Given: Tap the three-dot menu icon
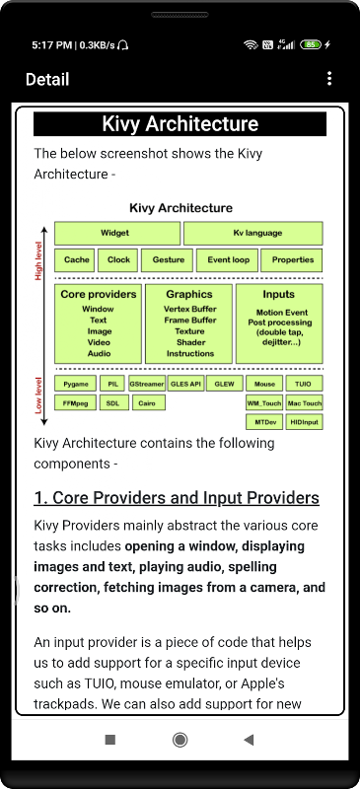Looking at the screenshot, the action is click(329, 79).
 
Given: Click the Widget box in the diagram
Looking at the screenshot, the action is click(116, 233).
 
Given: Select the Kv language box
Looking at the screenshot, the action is click(252, 233).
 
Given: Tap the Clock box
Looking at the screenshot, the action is click(118, 260).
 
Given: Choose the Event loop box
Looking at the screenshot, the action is click(227, 260).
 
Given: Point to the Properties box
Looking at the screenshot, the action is click(292, 260).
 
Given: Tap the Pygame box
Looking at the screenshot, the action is click(75, 384).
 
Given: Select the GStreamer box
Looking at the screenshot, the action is click(147, 384).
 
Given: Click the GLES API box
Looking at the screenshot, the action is click(186, 384).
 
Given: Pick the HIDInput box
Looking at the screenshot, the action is click(304, 422).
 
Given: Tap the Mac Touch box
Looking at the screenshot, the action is click(304, 403).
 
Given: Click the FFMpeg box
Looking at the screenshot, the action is click(75, 402).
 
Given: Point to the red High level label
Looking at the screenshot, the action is click(38, 261).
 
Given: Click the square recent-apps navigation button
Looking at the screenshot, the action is click(109, 739).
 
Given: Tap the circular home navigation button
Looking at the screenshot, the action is click(180, 739).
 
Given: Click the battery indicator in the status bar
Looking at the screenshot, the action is click(311, 44).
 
